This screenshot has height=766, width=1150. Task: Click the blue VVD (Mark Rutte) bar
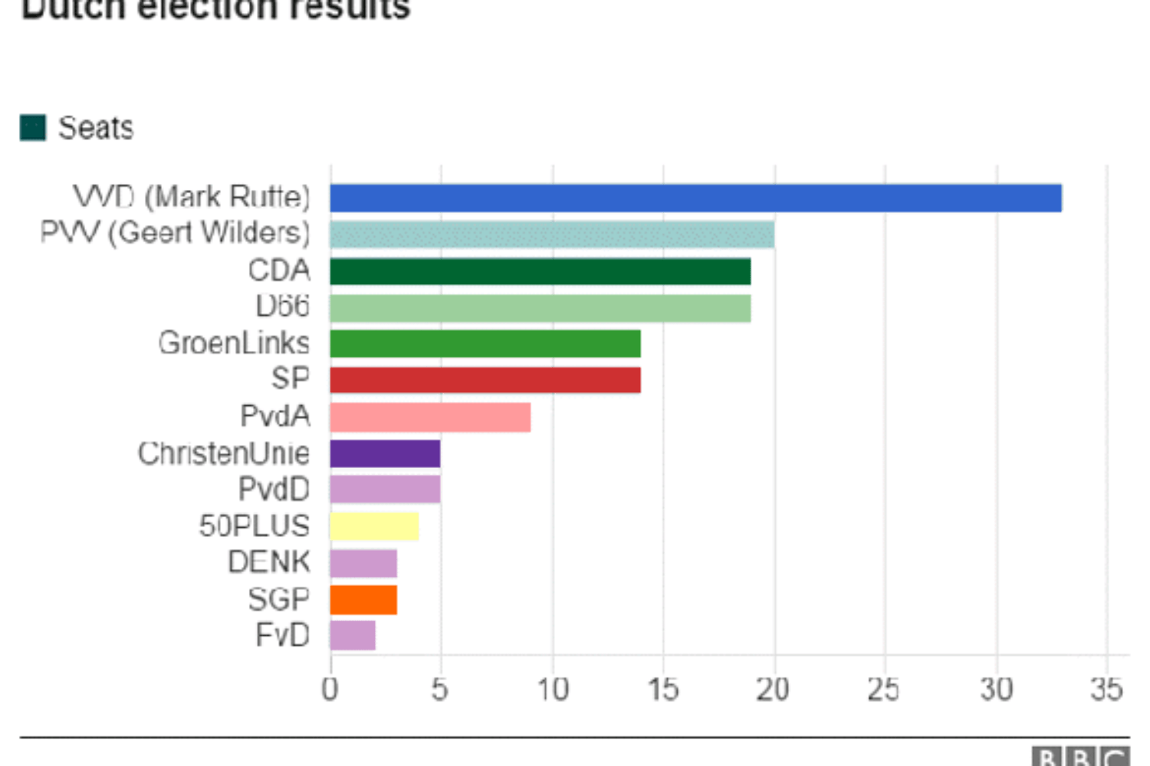695,198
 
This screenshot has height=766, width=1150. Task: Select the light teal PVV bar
552,234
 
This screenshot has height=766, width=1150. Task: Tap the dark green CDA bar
540,271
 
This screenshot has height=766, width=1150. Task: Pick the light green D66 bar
540,308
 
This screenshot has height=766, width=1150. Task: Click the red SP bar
485,380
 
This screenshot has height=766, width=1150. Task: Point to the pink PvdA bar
430,417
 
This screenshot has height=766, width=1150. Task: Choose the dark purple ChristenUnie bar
385,453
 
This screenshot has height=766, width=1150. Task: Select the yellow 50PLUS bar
374,526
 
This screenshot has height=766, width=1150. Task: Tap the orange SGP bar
363,600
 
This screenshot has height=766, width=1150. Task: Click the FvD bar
353,636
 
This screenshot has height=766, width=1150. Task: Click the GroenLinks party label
234,343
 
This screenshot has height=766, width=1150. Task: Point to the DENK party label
268,562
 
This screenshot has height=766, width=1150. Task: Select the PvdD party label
274,489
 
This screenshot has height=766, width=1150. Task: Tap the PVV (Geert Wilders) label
175,232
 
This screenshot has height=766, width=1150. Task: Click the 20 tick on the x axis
773,689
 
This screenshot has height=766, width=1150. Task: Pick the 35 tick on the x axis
1106,689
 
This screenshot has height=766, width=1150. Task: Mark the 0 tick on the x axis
330,689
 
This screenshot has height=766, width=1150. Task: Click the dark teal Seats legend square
33,128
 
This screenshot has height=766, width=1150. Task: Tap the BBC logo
1079,757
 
